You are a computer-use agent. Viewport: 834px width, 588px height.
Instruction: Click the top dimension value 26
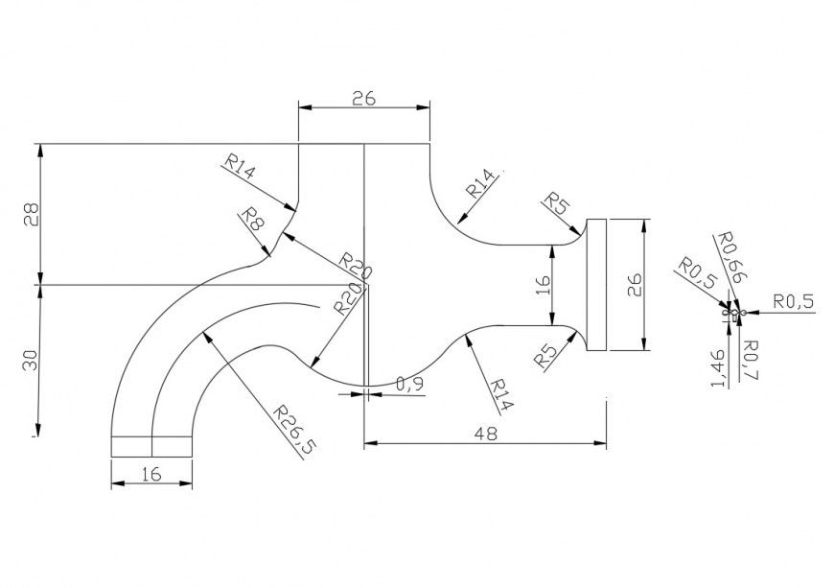[362, 98]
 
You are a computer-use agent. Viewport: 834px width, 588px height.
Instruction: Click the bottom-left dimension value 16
[151, 473]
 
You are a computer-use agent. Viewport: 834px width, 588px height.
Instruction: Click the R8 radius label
[251, 218]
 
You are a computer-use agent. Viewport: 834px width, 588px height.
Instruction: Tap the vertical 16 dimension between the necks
[543, 284]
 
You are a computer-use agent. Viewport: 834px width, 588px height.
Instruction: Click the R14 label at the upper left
[241, 168]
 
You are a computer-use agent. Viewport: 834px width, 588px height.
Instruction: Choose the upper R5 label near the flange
[556, 203]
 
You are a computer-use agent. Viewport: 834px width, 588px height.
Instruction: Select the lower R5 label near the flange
[546, 356]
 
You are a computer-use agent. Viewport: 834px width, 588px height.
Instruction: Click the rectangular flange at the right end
[596, 285]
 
